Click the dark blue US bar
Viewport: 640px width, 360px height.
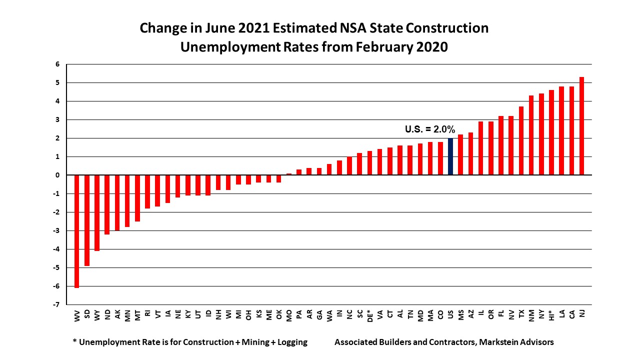pyautogui.click(x=450, y=156)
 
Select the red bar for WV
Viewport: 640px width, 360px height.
pyautogui.click(x=77, y=231)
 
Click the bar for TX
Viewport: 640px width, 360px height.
pyautogui.click(x=521, y=140)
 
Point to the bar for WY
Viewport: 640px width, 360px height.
pyautogui.click(x=97, y=212)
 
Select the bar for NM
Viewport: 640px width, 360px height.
pyautogui.click(x=531, y=135)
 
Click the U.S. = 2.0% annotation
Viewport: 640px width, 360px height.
pyautogui.click(x=429, y=129)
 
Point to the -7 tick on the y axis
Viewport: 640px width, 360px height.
pyautogui.click(x=57, y=304)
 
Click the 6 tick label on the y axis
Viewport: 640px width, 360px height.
pyautogui.click(x=57, y=64)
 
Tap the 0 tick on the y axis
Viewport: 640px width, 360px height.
pyautogui.click(x=57, y=175)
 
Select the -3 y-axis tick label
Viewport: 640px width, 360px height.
pyautogui.click(x=56, y=230)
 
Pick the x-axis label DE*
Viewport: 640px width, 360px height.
pyautogui.click(x=369, y=315)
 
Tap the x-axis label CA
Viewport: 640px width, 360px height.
pyautogui.click(x=571, y=313)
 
